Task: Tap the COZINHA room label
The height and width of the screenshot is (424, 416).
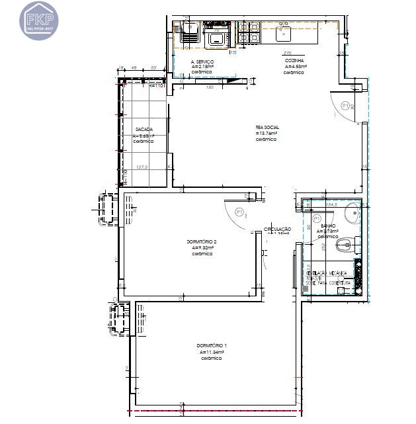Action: (x=294, y=61)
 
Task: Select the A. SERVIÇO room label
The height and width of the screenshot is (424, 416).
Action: (x=202, y=61)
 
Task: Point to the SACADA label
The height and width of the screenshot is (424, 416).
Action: (x=144, y=130)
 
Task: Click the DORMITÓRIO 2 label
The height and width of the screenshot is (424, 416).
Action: (x=202, y=242)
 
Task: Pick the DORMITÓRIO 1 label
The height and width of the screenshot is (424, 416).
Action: (x=212, y=347)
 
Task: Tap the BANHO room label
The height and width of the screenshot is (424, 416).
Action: (x=328, y=226)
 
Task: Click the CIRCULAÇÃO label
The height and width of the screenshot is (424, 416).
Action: (x=278, y=229)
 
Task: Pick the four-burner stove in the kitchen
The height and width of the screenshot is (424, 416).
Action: (x=249, y=32)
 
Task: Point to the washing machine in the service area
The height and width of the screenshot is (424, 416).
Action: (x=217, y=37)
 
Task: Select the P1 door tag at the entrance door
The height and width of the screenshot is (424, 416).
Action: (x=345, y=105)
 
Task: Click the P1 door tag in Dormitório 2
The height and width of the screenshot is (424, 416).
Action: (x=240, y=212)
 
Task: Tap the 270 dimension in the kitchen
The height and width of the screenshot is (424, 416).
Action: (x=287, y=53)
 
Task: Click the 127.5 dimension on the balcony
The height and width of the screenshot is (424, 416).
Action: (x=141, y=167)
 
